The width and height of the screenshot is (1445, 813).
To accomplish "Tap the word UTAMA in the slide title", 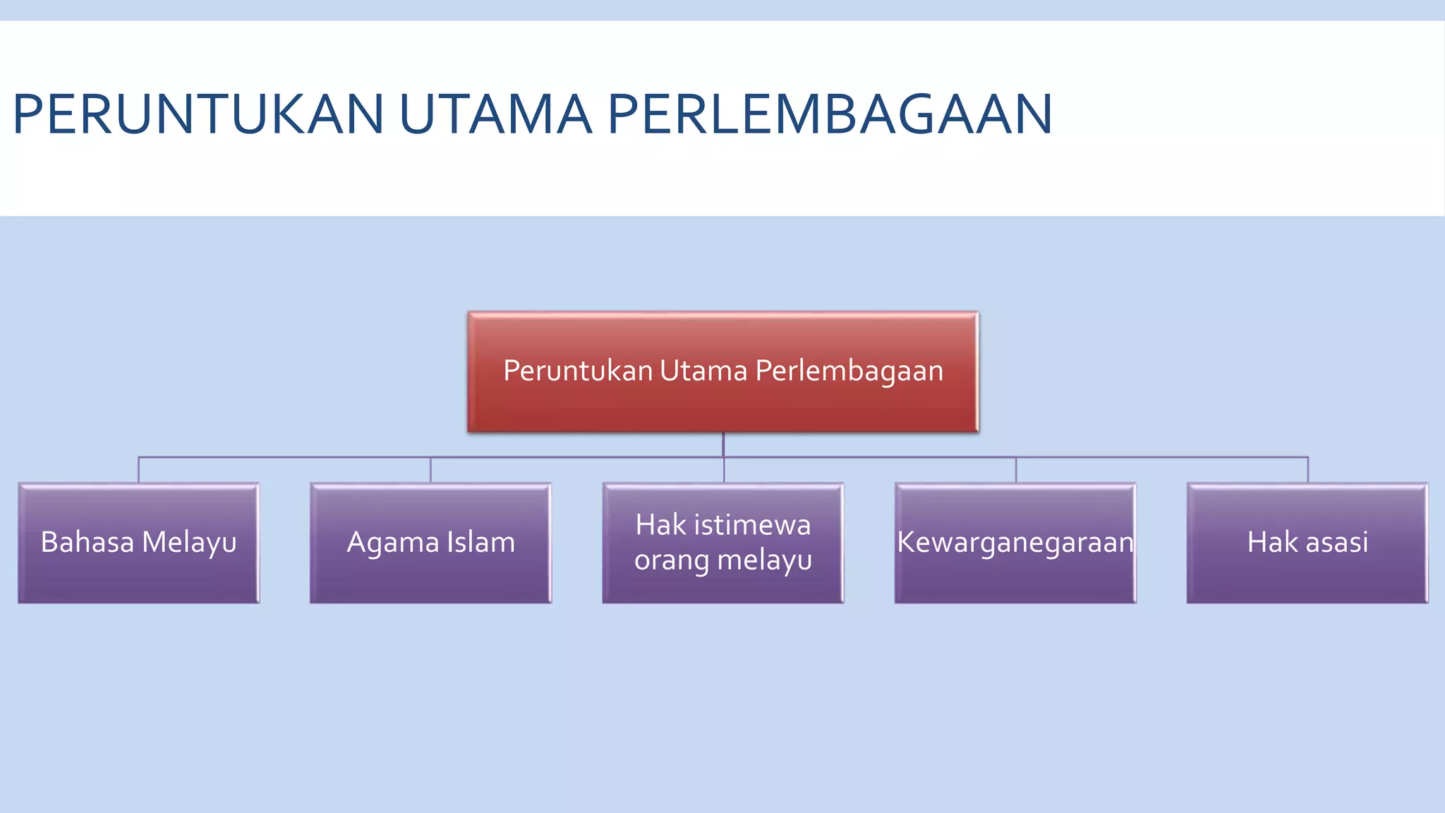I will tap(495, 114).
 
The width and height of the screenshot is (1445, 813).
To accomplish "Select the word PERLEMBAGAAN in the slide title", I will tap(830, 114).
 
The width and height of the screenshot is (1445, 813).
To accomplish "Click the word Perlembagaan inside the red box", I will tap(849, 371).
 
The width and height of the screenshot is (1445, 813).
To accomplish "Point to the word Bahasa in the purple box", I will tap(87, 542).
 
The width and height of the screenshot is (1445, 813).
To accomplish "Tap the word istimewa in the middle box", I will tap(752, 525).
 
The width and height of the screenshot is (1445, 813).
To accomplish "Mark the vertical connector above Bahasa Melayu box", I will tap(138, 470).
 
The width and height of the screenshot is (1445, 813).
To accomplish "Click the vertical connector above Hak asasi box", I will tap(1307, 470).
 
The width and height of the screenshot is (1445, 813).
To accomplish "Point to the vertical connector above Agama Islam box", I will tap(430, 470).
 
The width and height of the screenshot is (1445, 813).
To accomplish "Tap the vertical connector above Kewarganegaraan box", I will tap(1015, 470).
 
